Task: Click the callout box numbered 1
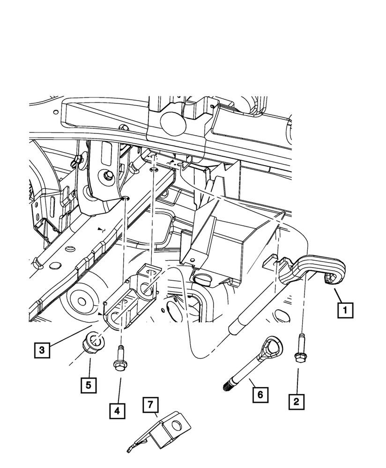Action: click(345, 310)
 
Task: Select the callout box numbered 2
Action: click(296, 401)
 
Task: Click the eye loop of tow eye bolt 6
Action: click(273, 347)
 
